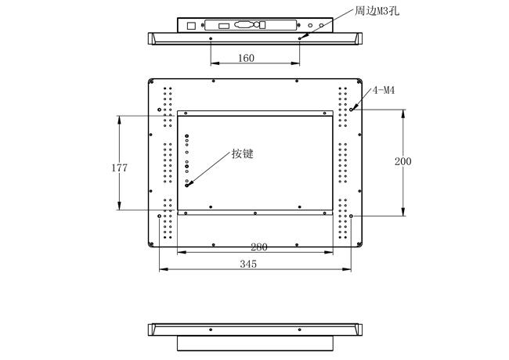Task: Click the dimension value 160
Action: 246,58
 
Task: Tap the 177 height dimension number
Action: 120,167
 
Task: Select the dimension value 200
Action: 403,161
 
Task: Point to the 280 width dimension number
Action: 259,247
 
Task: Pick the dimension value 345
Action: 248,264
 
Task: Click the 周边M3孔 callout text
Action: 377,11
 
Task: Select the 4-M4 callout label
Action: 384,90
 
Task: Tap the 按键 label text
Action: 243,153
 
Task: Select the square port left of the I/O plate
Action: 192,25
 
